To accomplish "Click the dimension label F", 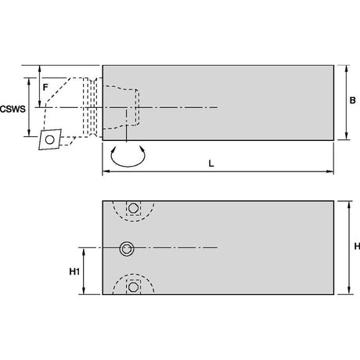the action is coord(45,88).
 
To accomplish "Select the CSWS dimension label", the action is coord(13,109).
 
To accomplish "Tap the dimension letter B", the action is coord(352,100).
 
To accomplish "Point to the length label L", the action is coord(211,164).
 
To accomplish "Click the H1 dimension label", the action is coord(74,272).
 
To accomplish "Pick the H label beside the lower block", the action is coord(357,246).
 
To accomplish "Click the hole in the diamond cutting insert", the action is coord(49,139).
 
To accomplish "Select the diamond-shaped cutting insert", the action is coord(50,139).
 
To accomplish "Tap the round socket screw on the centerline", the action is coord(127,249).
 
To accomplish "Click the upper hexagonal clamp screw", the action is coord(133,208).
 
